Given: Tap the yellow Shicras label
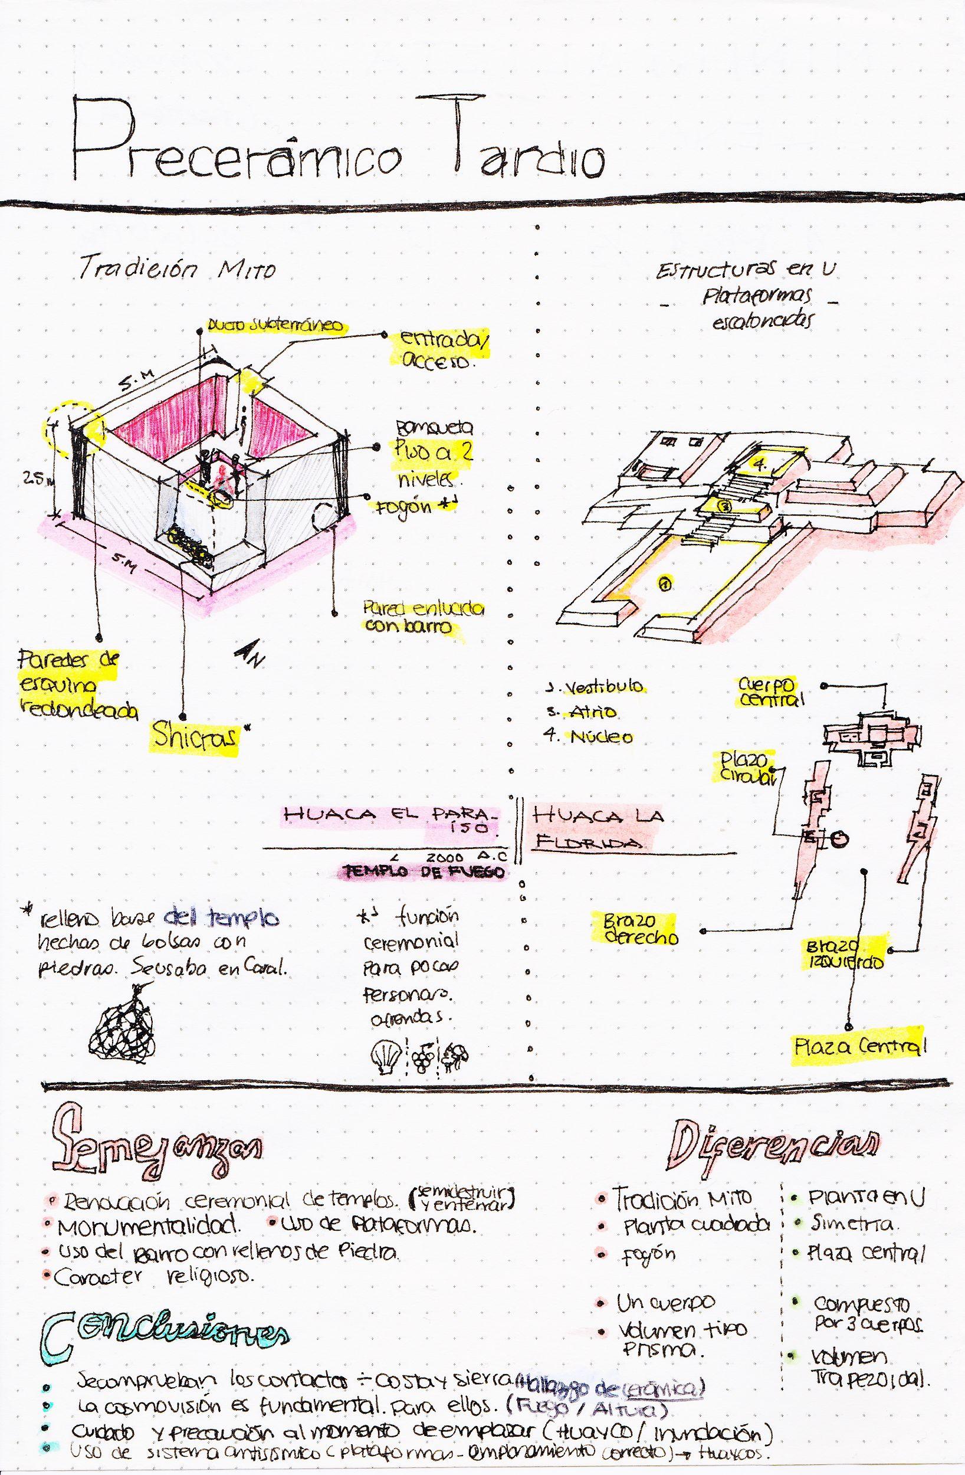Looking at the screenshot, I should [x=193, y=737].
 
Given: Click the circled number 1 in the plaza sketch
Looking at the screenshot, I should [x=664, y=583].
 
